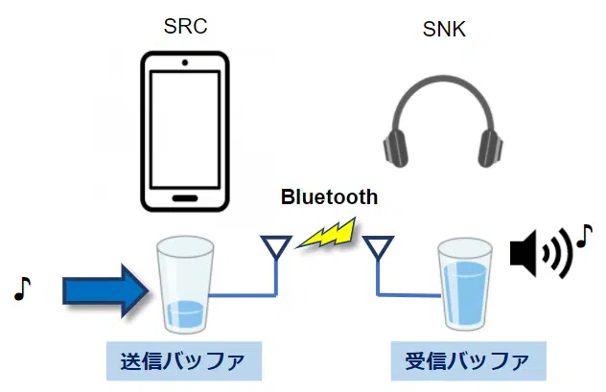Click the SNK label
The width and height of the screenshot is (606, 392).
444,30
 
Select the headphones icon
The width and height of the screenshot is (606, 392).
444,126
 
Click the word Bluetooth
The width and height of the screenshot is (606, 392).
329,198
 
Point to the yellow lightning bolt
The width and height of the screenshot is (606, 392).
326,234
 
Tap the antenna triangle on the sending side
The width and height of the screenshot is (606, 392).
276,246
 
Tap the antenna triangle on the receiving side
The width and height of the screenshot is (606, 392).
379,246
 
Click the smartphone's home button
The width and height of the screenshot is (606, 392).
185,196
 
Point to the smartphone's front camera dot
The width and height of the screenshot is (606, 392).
185,63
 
